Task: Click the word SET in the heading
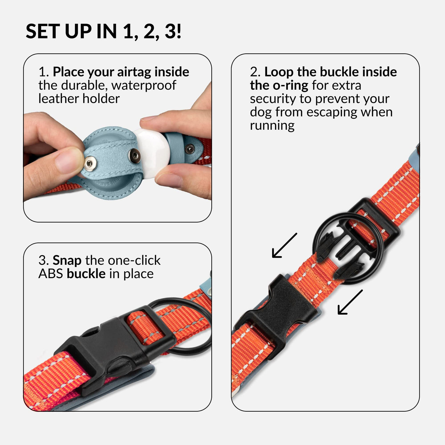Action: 41,31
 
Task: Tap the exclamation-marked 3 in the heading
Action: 173,31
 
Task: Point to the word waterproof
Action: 144,86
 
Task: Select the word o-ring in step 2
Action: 291,86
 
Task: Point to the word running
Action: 272,126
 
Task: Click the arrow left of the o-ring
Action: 284,245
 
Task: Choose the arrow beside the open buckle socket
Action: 350,302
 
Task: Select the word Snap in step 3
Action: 67,261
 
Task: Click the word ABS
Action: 51,274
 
